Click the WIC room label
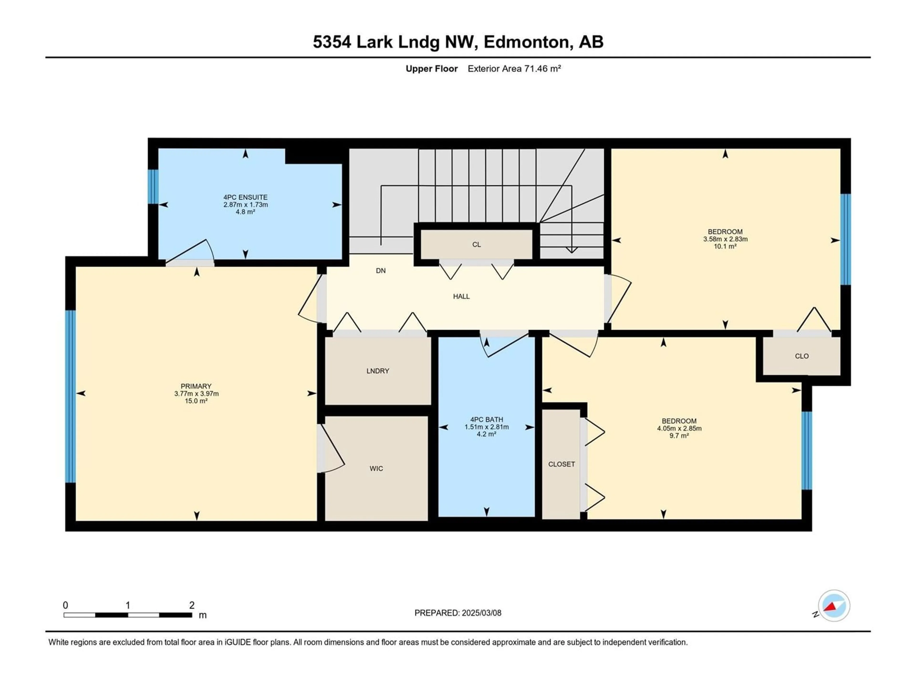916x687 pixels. [376, 468]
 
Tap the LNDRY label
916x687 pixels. [378, 371]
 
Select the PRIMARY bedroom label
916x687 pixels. [196, 386]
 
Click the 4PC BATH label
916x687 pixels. [487, 420]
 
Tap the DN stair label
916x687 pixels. [380, 271]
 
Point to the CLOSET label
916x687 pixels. [562, 464]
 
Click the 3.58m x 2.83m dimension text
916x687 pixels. [725, 239]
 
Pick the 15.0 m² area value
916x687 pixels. [196, 401]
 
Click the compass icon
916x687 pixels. [834, 605]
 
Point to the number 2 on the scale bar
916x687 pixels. [192, 605]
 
